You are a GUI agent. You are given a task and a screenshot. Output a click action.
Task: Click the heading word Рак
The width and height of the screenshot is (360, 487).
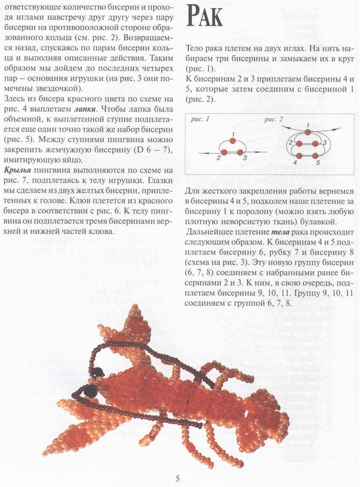click(205, 16)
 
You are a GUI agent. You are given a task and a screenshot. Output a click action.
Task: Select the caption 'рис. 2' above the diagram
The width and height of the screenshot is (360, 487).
click(272, 119)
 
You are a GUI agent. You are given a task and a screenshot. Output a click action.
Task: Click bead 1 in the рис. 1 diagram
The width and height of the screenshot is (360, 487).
click(232, 133)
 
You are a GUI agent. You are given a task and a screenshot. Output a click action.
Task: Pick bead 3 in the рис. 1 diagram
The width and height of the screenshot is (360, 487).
click(241, 152)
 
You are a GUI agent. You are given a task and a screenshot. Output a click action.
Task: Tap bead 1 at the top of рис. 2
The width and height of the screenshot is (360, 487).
click(307, 131)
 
